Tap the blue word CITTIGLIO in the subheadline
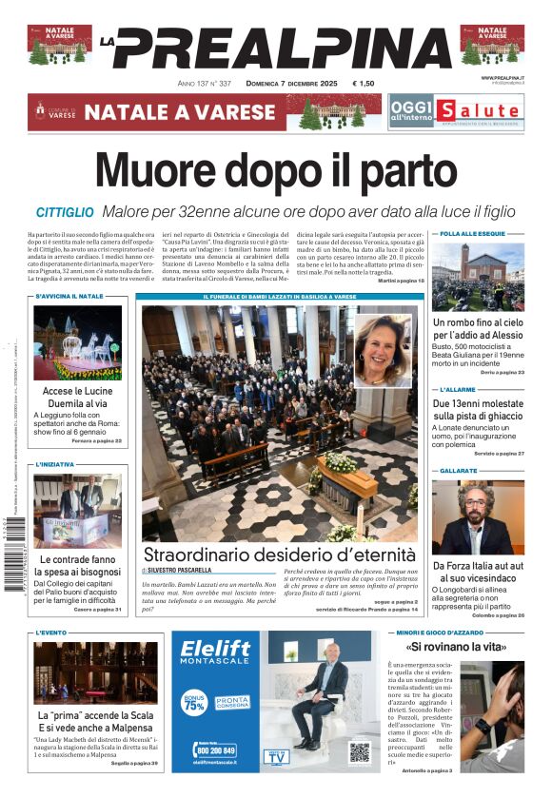(x=65, y=212)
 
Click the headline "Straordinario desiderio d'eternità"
(x=279, y=555)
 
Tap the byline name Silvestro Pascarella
(x=180, y=570)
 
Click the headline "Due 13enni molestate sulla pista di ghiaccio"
(x=479, y=410)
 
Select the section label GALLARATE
(x=459, y=471)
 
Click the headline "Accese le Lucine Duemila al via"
(x=78, y=397)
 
